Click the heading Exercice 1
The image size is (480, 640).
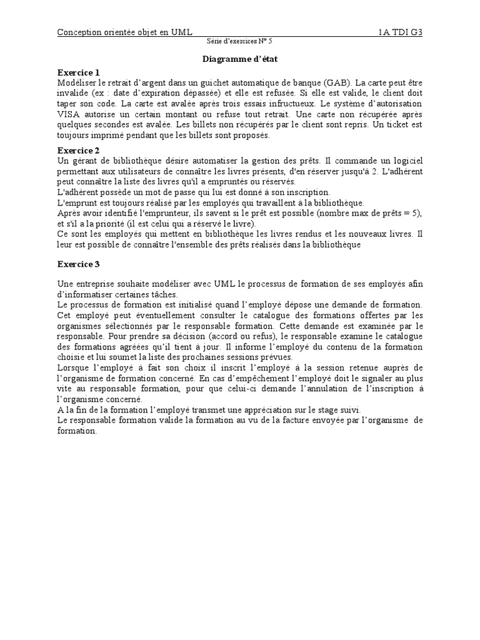[x=78, y=72]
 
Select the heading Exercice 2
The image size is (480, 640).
[x=78, y=151]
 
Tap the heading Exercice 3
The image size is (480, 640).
[x=78, y=264]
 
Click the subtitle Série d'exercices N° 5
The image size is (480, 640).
[x=239, y=42]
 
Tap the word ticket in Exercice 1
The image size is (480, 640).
[x=397, y=124]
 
